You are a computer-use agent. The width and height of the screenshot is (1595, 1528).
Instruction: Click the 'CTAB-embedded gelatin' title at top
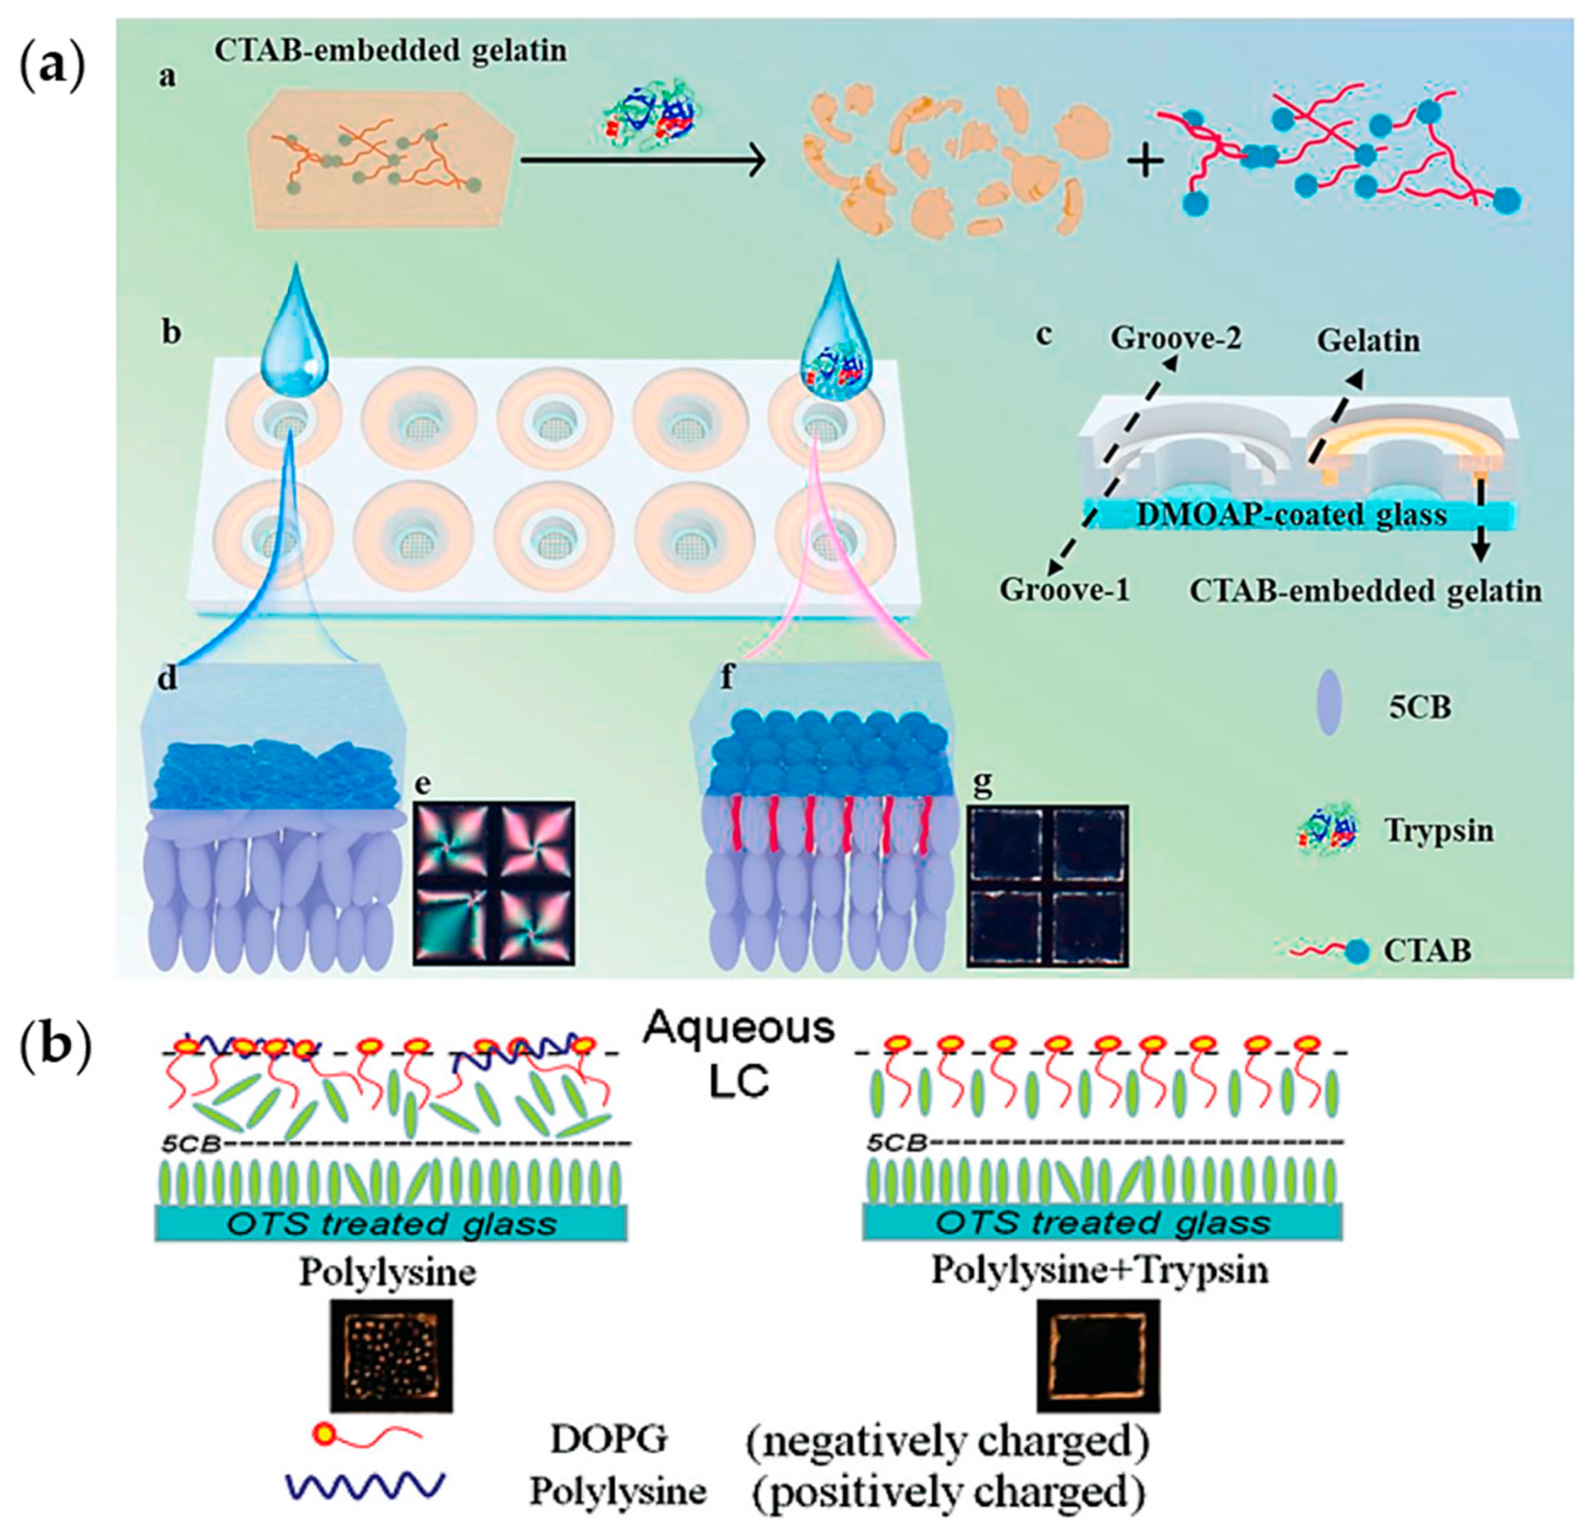coord(390,51)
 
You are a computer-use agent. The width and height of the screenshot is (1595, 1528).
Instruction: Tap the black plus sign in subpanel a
coord(1145,162)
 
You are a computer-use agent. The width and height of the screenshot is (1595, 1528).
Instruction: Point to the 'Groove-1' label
coord(1064,589)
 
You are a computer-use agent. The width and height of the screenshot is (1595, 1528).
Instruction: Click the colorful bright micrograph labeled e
coord(494,883)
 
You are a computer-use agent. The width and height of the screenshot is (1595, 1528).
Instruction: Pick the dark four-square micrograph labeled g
coord(1047,886)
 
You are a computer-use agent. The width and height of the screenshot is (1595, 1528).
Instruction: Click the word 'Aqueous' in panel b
coord(739,1029)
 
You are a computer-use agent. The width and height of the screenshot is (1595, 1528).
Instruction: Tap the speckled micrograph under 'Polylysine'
coord(390,1356)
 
